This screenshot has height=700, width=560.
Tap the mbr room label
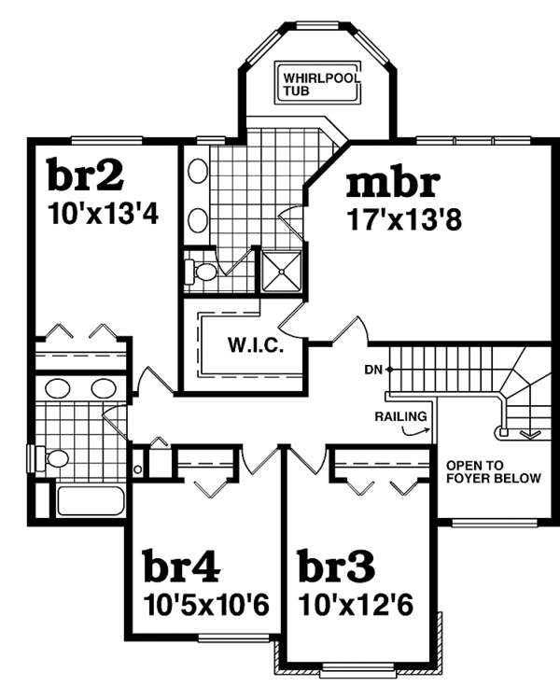coord(391,184)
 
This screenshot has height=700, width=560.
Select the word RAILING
coord(401,416)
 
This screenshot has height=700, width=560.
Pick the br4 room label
coord(181,567)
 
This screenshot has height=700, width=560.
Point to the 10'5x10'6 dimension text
coord(207,605)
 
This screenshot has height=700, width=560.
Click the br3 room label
coord(336,567)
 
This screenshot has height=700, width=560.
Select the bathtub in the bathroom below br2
coord(90,501)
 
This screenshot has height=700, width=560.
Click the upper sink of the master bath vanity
coord(198,172)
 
